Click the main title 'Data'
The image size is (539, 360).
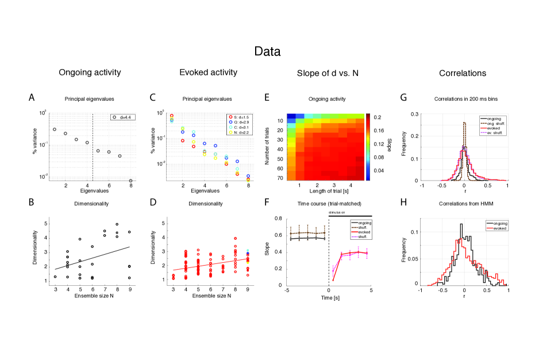point(267,52)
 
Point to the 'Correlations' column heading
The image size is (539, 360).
point(463,73)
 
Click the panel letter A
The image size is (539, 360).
point(32,98)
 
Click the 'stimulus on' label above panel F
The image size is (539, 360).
point(337,212)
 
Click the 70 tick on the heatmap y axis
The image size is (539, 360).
point(280,179)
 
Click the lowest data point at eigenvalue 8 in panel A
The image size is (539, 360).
point(130,181)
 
